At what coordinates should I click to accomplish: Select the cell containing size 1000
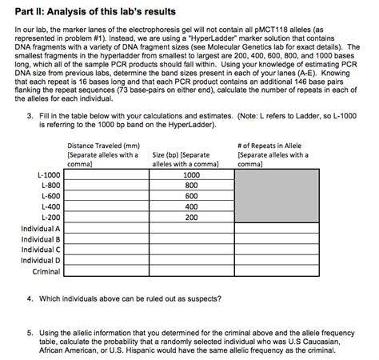tap(192, 174)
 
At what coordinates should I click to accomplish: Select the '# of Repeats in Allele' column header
tap(274, 146)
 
